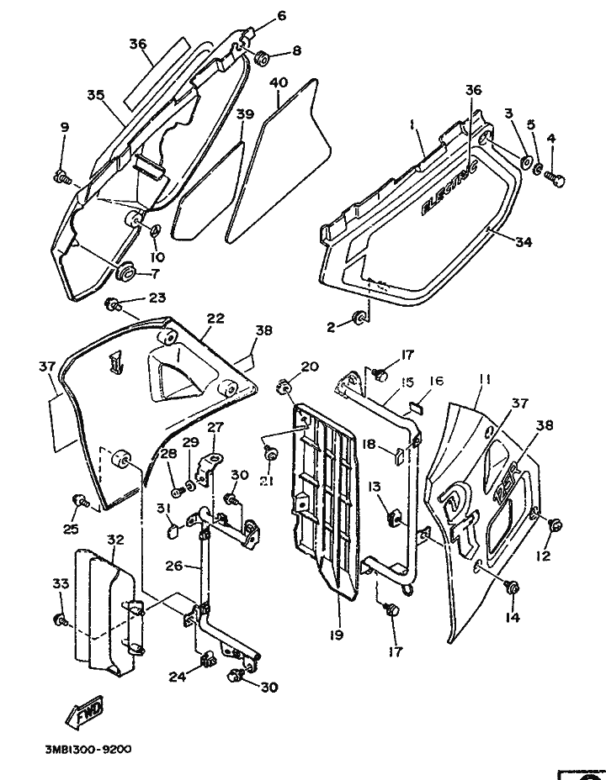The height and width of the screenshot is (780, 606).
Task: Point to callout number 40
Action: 279,82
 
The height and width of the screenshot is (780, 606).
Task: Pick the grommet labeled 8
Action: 262,57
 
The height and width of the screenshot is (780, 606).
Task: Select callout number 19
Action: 336,637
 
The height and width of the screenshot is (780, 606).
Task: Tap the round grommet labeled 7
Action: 129,271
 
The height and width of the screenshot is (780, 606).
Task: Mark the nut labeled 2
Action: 359,318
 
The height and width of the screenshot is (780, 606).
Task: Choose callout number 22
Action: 215,319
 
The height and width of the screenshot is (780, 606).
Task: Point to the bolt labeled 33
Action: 60,619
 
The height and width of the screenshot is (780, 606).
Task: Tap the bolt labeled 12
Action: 555,525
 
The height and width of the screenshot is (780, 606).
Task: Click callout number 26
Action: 173,567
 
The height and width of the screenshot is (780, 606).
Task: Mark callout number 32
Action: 115,539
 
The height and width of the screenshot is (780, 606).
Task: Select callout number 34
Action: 523,242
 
